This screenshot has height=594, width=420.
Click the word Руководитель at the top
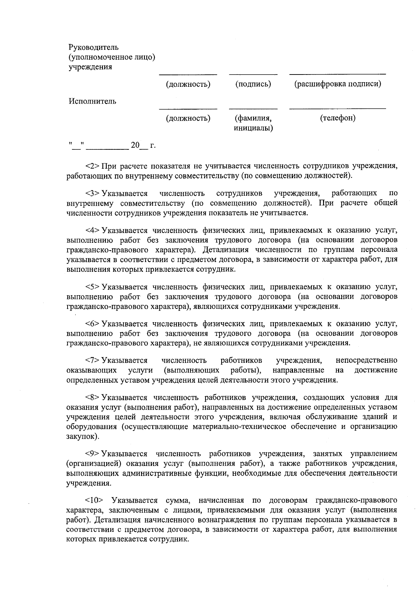tap(93, 47)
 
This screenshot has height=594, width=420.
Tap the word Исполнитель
tap(92, 101)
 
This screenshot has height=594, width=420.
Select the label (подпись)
tap(253, 84)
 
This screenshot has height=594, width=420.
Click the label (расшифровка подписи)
tap(337, 84)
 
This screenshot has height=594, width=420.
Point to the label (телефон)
tap(337, 118)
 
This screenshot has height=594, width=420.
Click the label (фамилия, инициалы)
tap(253, 123)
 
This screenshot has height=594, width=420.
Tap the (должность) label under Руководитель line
tap(188, 84)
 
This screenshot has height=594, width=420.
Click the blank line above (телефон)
tap(337, 109)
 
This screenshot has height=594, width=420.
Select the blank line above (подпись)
tap(253, 75)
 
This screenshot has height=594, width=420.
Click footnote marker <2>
tap(93, 165)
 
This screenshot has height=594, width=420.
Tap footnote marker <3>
tap(93, 193)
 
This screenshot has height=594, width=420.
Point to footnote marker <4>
tap(93, 231)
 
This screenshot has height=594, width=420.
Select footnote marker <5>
tap(93, 287)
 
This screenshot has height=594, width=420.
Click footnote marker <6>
tap(93, 324)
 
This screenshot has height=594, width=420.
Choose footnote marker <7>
tap(93, 360)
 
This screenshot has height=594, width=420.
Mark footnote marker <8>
tap(93, 398)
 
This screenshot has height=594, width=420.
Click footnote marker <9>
tap(93, 454)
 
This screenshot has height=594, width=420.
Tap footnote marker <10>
tap(94, 500)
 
